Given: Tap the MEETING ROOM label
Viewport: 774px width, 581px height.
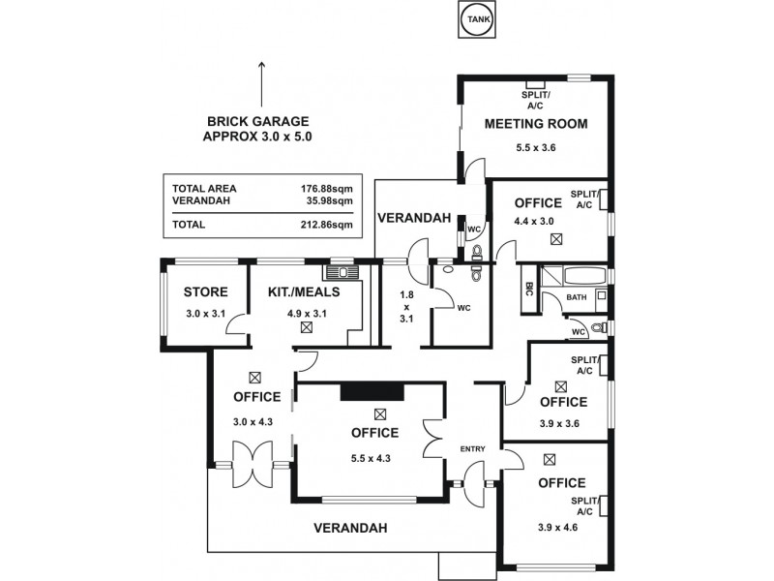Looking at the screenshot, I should pos(536,124).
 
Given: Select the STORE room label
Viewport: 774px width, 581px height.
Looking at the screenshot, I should pos(205,291).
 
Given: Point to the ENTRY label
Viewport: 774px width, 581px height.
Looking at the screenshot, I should pos(473,447).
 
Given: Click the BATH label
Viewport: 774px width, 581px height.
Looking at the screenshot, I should pos(577,297).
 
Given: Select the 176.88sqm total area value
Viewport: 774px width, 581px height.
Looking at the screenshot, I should pos(327,188).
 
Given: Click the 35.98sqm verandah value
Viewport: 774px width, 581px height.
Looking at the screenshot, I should pos(329,200).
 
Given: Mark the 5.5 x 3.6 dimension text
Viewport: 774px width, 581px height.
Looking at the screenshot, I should pos(536,148).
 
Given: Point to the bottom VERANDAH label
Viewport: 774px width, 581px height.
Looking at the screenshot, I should pos(350,529).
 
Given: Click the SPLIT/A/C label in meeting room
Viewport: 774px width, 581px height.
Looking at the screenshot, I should pos(536,99).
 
